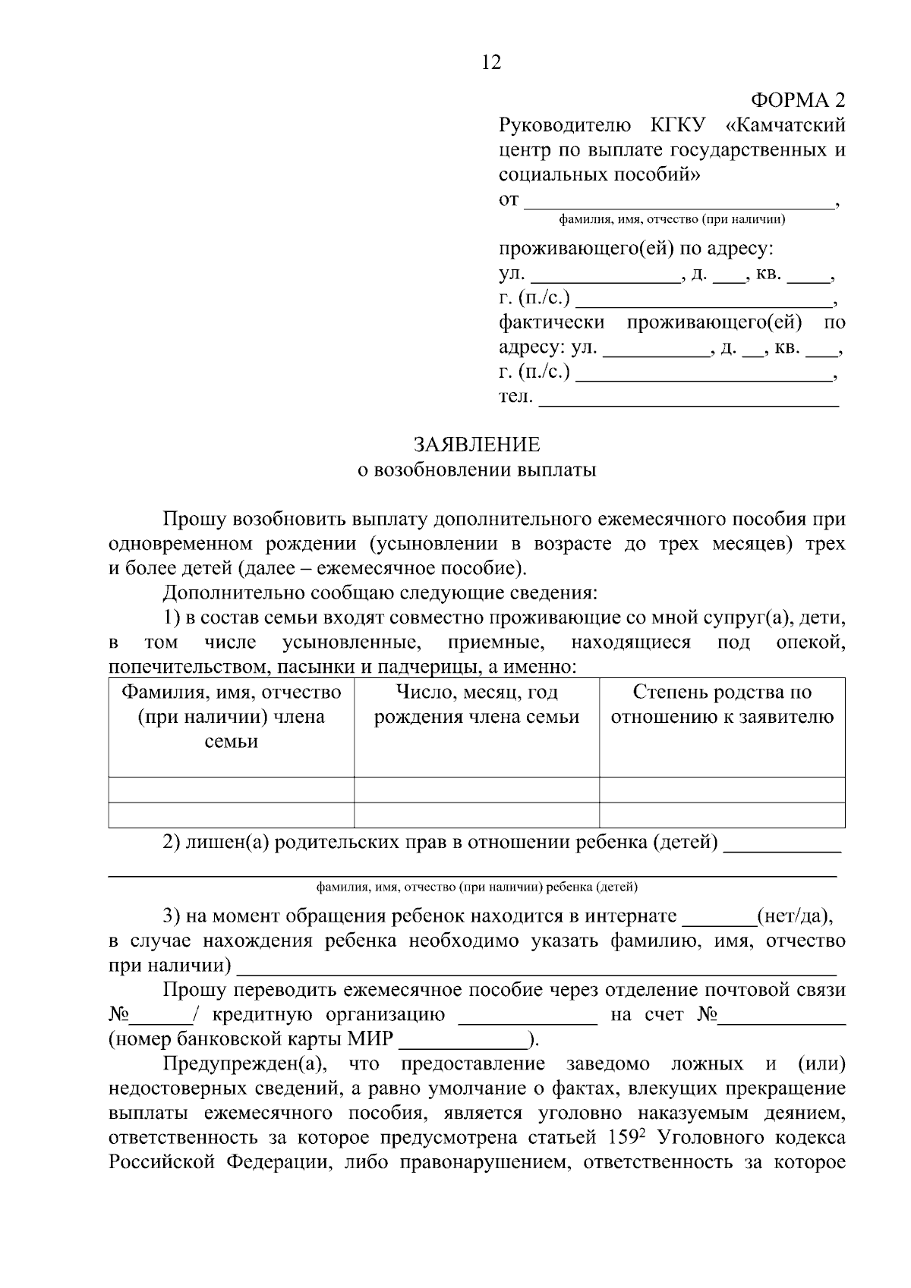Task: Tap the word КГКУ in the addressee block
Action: click(x=678, y=125)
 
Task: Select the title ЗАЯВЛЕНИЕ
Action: click(x=476, y=445)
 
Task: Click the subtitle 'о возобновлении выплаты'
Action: click(x=477, y=470)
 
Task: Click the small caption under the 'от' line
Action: click(x=672, y=220)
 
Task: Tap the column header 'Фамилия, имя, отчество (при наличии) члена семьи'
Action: click(x=232, y=717)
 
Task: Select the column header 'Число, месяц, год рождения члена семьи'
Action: click(x=477, y=705)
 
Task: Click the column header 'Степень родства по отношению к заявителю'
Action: click(x=722, y=705)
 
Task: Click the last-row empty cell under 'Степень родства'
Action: click(x=722, y=815)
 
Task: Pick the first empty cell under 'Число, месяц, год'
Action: click(x=477, y=790)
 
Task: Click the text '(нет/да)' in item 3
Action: click(x=795, y=916)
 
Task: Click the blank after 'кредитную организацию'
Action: click(x=528, y=1015)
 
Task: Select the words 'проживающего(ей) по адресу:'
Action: click(x=636, y=250)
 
